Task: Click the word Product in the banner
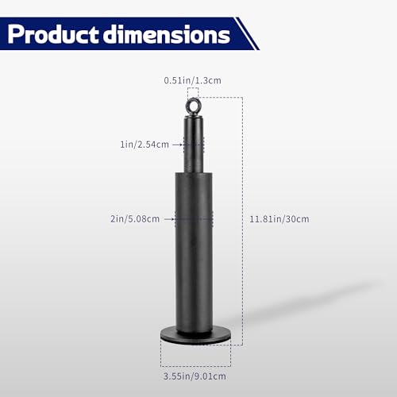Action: [53, 34]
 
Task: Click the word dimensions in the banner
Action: [167, 34]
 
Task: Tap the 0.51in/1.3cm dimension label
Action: [192, 80]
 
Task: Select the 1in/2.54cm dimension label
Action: [145, 145]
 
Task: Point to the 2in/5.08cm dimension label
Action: [135, 219]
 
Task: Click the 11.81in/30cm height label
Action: [279, 219]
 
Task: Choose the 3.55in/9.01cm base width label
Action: [195, 376]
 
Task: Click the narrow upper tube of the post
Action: [194, 145]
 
